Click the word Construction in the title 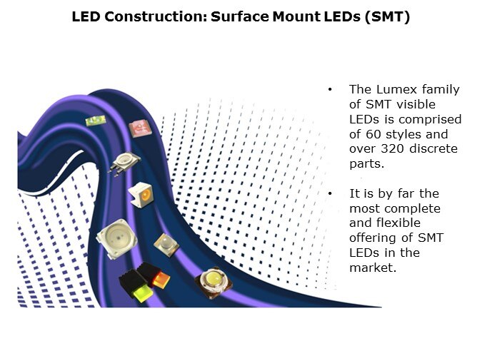tap(156, 16)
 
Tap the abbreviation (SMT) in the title tap(387, 17)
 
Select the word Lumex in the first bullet tap(396, 89)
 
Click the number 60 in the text tap(372, 134)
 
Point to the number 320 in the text tap(392, 148)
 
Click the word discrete tap(433, 148)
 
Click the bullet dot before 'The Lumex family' tap(330, 90)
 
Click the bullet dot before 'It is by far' tap(330, 193)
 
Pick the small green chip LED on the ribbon tap(96, 121)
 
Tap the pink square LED tap(140, 128)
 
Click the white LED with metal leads tap(124, 163)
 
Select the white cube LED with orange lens tap(141, 195)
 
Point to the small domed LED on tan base tap(166, 245)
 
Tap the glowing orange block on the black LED tap(161, 280)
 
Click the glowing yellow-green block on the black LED tap(143, 291)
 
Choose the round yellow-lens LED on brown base tap(214, 282)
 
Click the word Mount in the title tap(296, 16)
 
